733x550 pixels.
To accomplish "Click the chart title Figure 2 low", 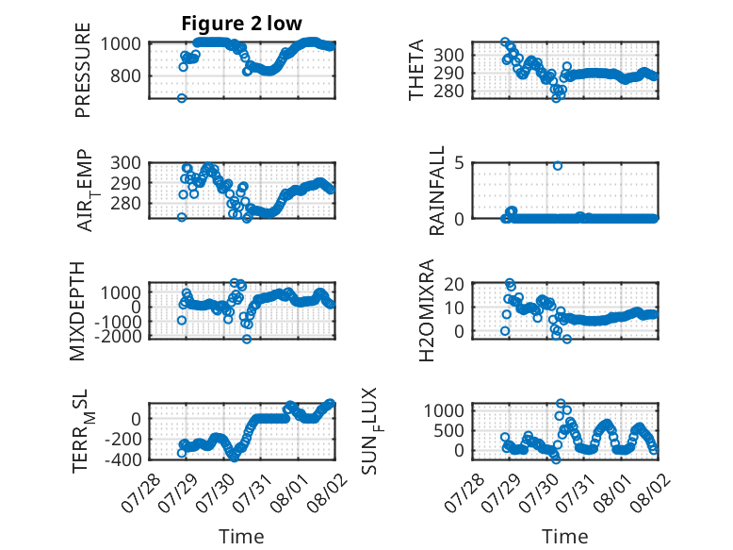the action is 242,24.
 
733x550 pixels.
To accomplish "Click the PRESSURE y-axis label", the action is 82,70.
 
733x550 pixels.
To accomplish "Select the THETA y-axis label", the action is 415,70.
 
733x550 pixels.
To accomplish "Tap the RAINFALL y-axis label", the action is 436,191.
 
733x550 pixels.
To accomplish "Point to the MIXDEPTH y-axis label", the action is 77,310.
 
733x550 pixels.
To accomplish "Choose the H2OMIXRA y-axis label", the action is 427,310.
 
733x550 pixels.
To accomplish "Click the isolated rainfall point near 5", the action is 557,166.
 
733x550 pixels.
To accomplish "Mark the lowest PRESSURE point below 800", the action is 182,98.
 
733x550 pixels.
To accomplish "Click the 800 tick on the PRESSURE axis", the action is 125,75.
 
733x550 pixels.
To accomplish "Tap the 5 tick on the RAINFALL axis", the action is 459,163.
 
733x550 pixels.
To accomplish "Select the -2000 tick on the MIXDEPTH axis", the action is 118,336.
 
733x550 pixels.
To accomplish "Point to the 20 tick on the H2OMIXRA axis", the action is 454,284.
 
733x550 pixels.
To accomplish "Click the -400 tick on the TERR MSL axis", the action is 122,459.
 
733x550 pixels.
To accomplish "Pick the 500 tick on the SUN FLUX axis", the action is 448,430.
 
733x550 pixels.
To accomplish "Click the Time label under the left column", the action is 241,537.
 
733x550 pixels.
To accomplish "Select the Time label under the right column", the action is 564,537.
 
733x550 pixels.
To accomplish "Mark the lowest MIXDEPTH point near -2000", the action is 247,339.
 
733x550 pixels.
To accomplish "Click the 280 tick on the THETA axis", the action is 448,92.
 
